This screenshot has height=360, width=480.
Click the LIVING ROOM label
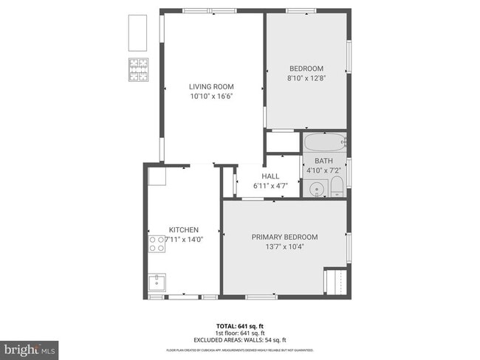211,86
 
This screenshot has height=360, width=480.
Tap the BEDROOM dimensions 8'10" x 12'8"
306,77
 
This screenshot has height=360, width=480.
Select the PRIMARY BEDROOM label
284,237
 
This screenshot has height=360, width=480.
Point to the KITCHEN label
183,229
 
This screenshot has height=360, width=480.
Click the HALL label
270,176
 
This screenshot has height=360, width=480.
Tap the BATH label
323,161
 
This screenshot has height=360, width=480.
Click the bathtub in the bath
324,142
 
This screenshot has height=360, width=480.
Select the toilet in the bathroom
336,186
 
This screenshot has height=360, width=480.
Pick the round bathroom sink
316,189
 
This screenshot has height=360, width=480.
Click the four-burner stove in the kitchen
157,244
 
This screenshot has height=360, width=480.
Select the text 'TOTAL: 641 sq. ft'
240,326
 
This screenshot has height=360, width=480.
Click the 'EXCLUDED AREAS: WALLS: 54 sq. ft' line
240,339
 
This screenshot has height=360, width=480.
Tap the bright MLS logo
30,347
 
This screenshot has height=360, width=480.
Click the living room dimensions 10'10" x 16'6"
211,96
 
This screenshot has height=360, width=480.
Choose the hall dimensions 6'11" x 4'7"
270,186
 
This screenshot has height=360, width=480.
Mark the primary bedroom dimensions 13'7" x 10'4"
284,246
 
